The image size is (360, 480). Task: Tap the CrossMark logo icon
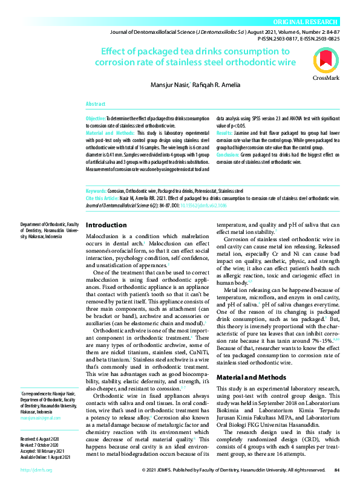point(326,63)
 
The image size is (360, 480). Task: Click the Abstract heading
point(96,104)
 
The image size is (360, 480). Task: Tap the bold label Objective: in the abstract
point(96,118)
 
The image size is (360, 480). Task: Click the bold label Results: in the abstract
point(224,132)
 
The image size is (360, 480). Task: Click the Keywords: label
point(96,190)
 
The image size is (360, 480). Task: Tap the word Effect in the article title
point(116,52)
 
